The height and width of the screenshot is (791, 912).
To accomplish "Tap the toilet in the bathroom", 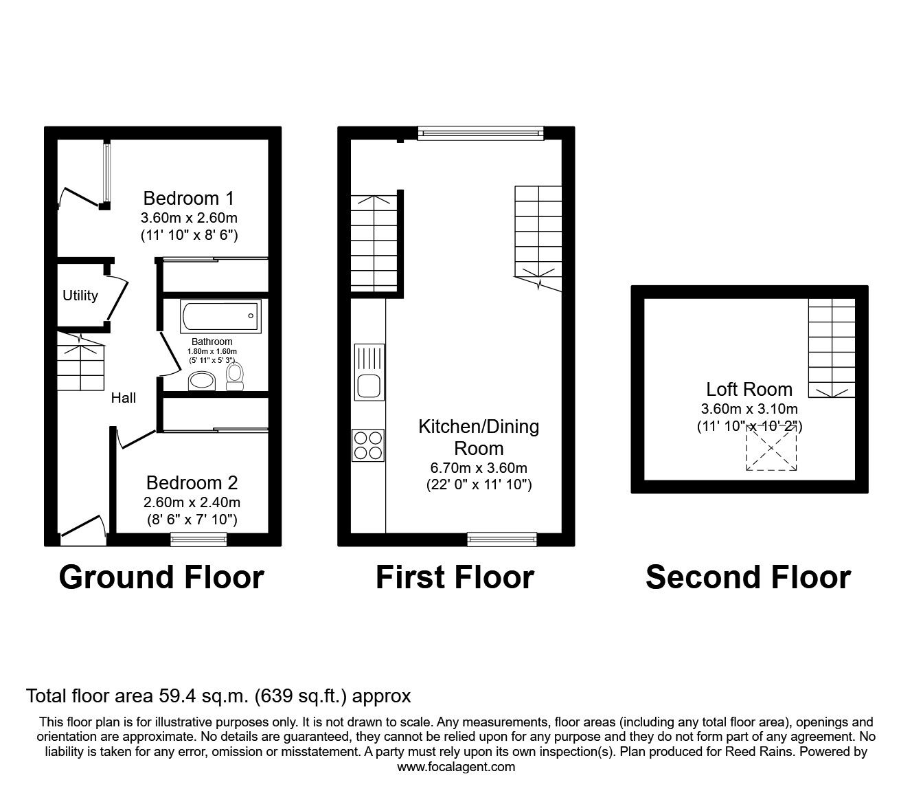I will (x=235, y=376).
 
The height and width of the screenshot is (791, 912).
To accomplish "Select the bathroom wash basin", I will (x=201, y=381).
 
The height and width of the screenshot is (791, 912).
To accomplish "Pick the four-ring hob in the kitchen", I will (x=368, y=445).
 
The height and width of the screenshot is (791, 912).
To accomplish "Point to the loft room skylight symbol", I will (x=772, y=447).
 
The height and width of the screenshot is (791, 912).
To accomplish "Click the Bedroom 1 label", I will (x=188, y=199).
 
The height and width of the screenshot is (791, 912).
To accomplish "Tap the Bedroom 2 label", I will (x=192, y=482).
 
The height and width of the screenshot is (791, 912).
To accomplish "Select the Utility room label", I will (x=80, y=296).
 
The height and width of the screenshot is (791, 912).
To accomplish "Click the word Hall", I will (x=124, y=397).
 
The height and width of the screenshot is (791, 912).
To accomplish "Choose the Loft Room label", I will (x=749, y=389).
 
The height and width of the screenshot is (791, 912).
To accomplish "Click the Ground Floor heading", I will (x=161, y=577).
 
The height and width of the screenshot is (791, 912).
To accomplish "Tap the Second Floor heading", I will (x=748, y=577).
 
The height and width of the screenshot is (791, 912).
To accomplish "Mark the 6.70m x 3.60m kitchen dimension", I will (x=479, y=468).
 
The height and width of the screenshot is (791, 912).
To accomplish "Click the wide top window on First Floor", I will (x=480, y=133).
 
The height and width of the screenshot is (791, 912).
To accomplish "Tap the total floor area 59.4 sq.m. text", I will (x=218, y=696).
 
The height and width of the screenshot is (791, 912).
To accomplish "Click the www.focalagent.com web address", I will (x=456, y=767).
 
